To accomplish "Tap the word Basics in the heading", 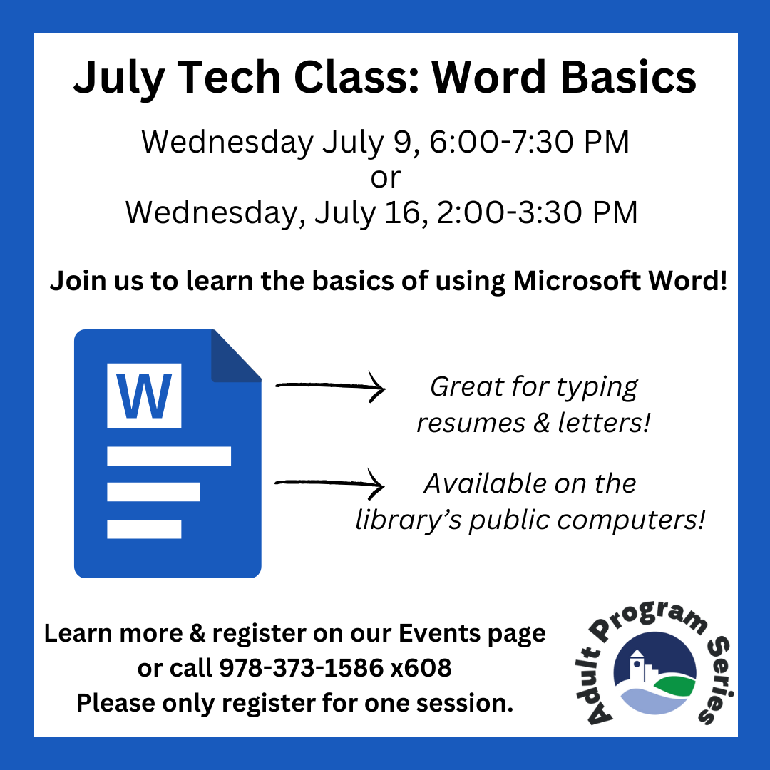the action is coord(628,77).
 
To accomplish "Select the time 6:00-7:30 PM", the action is coord(529,142).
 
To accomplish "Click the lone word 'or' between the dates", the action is coord(386,178).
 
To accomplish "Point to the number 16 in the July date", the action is coord(403,212).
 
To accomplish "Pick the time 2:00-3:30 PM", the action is coord(537,212).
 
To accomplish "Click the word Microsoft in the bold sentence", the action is coord(577,281).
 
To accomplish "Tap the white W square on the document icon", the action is coord(144,395).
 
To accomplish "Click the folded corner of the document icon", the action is coord(236,356).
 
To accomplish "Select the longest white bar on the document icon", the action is coord(169,456).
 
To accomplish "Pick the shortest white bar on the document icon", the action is coord(144,529).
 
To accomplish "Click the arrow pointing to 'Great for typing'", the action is coord(330,386).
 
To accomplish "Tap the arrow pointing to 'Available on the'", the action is coord(329,483).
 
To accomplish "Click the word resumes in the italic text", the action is coord(471,423).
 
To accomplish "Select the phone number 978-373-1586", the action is coord(301,668).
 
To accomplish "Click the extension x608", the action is coord(421,668).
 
